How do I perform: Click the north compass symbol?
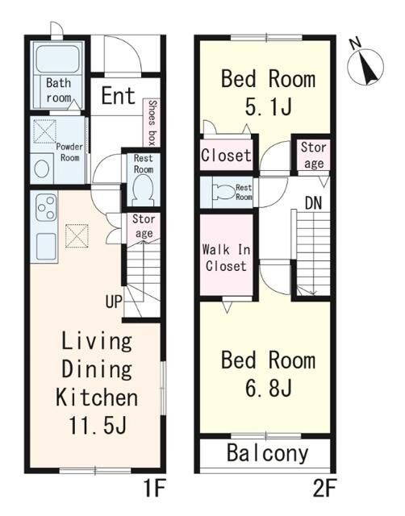tap(365, 64)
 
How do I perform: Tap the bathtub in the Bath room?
tap(57, 59)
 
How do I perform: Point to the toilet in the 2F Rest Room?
tap(224, 192)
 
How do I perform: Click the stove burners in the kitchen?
tap(45, 207)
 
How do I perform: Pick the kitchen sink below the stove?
tap(46, 246)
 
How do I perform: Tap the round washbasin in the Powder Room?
tap(42, 169)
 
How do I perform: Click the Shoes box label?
tap(152, 123)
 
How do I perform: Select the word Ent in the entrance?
tap(119, 96)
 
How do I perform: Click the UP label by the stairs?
tap(114, 301)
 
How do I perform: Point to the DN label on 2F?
tap(313, 203)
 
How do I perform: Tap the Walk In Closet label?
tap(226, 258)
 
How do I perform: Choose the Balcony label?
tap(267, 453)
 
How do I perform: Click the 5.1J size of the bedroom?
tap(269, 106)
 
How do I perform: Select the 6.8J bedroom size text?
tap(269, 388)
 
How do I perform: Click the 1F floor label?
tap(154, 489)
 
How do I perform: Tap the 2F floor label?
tap(324, 489)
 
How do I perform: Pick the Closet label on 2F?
tap(226, 155)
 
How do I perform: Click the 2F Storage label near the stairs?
tap(314, 155)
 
